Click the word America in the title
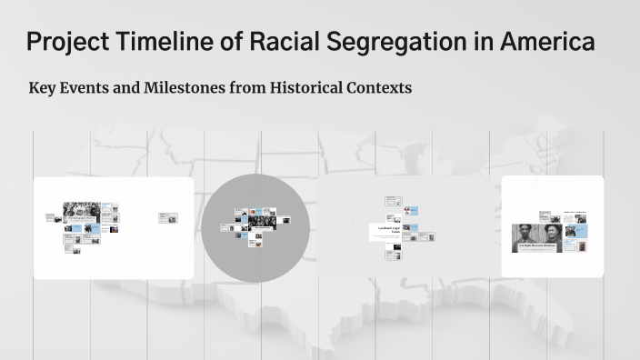549,42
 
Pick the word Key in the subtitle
43,89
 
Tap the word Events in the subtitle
87,89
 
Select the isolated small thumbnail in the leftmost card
168,217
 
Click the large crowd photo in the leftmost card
81,212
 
